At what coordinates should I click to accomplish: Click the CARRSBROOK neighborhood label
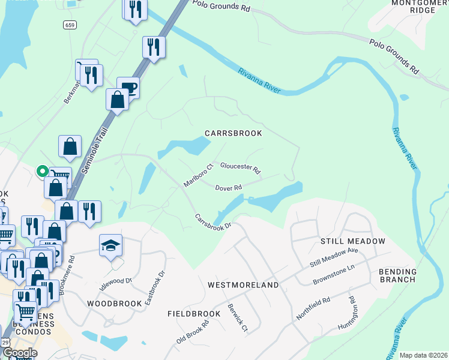click(235, 133)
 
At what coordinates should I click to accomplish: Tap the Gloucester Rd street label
click(240, 167)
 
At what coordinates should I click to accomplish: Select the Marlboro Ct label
click(199, 175)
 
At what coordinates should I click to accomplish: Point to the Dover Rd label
click(229, 188)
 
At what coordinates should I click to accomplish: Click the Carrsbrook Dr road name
click(212, 221)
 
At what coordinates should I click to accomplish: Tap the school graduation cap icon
click(110, 245)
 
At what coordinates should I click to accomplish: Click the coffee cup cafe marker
click(129, 88)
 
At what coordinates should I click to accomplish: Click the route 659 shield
click(70, 25)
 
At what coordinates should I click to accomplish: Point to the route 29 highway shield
click(5, 341)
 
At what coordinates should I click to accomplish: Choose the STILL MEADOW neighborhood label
click(352, 241)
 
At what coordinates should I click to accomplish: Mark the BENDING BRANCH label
click(397, 275)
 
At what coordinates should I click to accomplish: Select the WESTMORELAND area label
click(243, 285)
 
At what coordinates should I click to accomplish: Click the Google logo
click(20, 353)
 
